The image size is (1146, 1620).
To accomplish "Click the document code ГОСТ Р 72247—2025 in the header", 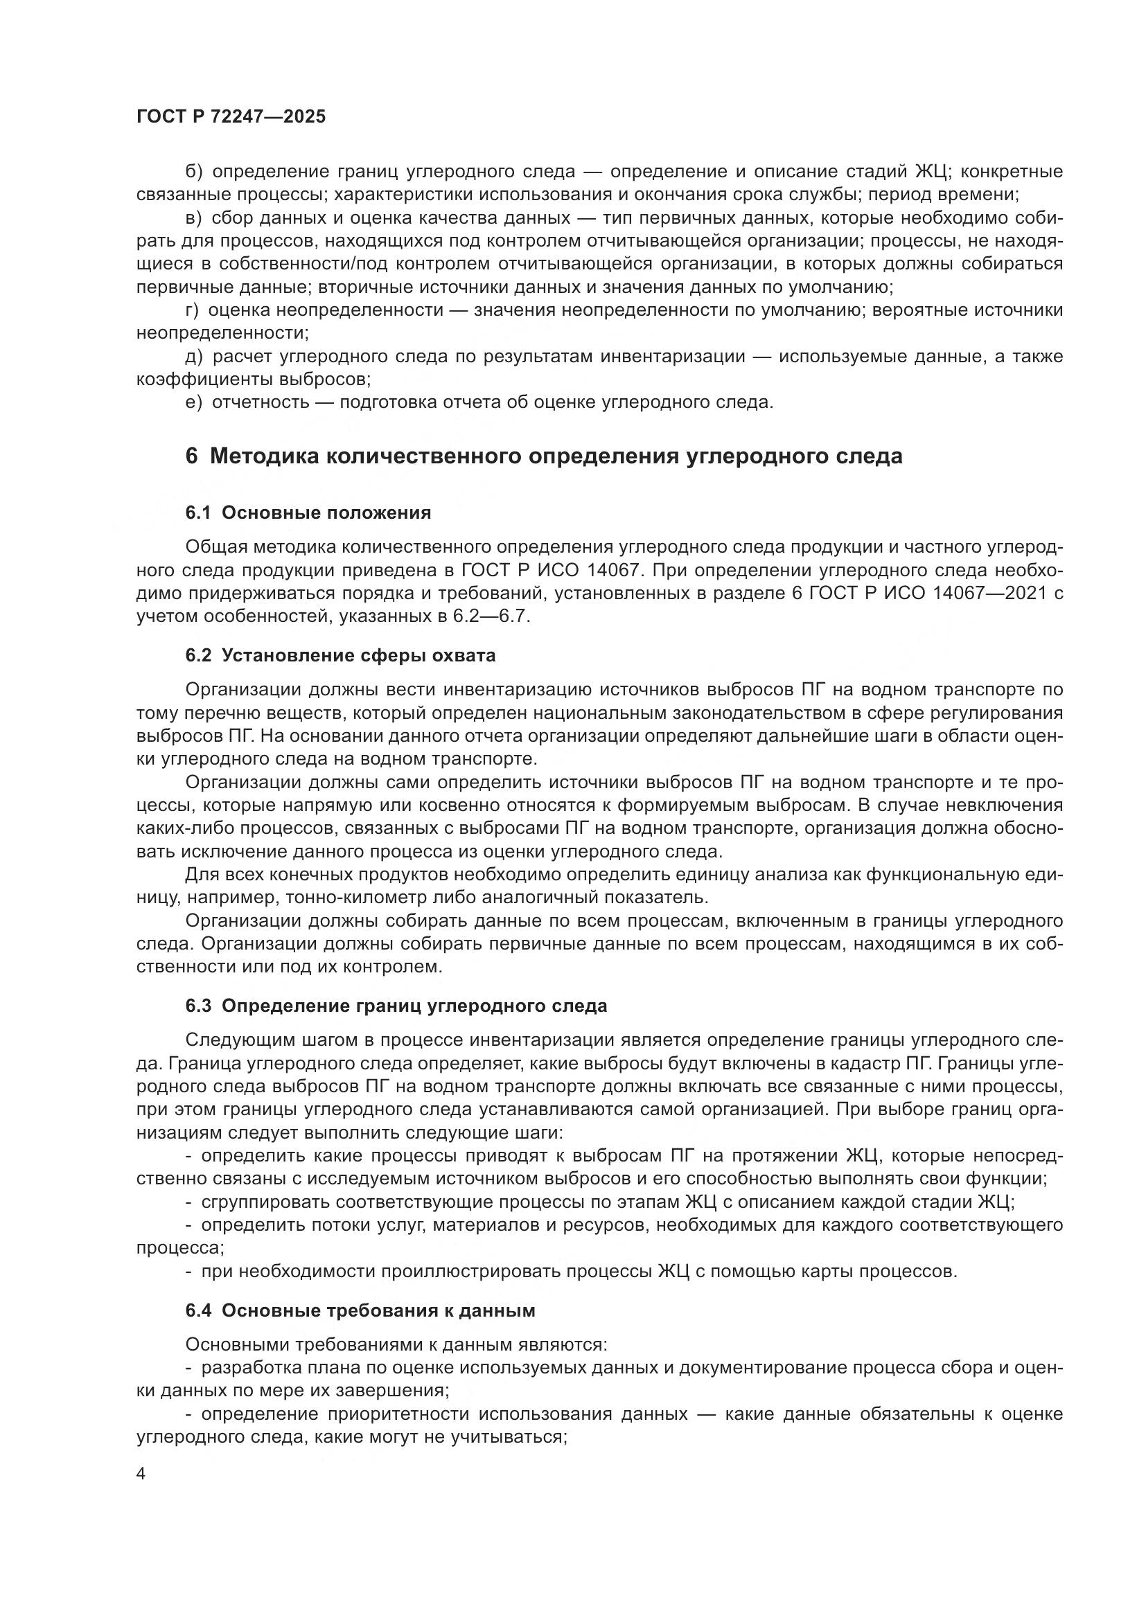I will click(231, 117).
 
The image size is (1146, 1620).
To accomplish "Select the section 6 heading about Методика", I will click(543, 456).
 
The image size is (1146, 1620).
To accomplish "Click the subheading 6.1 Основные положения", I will click(308, 513).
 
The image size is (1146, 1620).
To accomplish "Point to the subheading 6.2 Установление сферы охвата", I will click(340, 655).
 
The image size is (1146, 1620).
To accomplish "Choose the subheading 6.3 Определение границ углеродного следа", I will click(396, 1006).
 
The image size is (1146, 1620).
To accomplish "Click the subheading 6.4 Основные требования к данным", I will click(360, 1310).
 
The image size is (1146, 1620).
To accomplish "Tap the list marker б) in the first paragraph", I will click(194, 172).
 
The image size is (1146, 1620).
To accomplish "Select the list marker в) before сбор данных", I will click(193, 218).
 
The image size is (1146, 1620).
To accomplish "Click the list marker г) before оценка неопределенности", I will click(192, 310).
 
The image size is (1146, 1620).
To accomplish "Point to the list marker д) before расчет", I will click(194, 356).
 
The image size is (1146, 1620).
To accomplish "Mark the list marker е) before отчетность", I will click(193, 403).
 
